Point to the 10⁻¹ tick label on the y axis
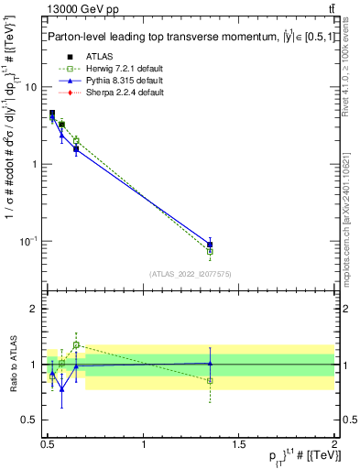(27, 241)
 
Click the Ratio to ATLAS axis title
(11, 365)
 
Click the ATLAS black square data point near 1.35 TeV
(210, 245)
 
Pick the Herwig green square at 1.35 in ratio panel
(210, 380)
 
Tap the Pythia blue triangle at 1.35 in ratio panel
(210, 364)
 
